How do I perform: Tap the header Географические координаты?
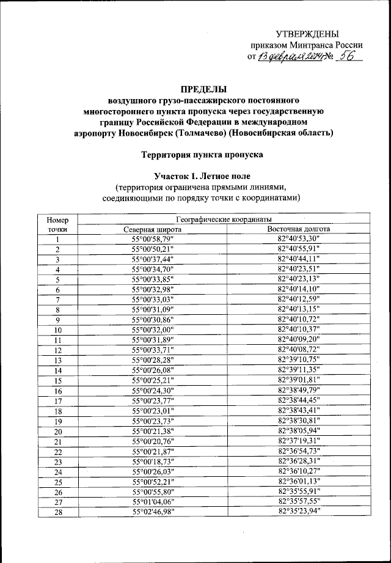[225, 219]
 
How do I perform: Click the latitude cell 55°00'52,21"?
[153, 481]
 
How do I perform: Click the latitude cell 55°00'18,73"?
[153, 461]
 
